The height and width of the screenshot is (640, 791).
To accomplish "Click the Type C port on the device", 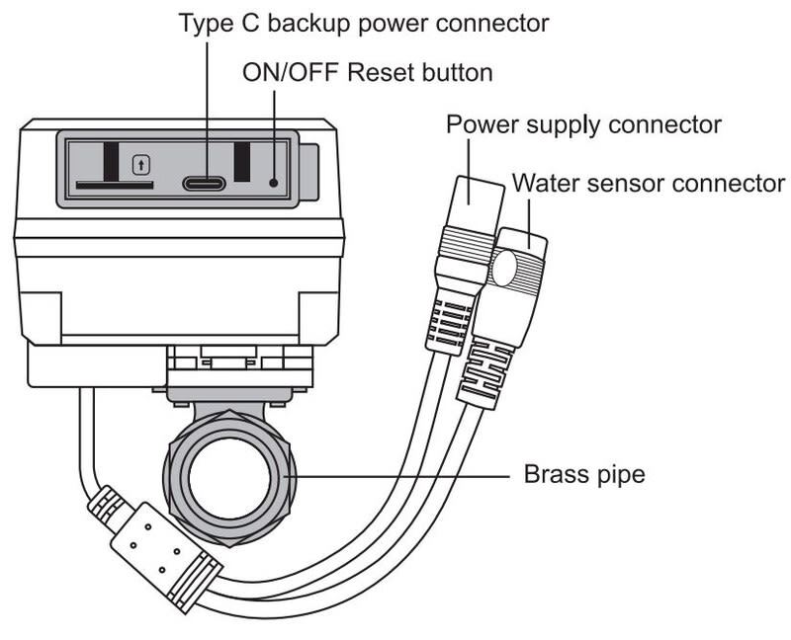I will click(x=204, y=183).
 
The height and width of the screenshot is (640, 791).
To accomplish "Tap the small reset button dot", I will click(x=273, y=183).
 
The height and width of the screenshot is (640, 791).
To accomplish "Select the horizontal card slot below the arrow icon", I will click(x=114, y=184).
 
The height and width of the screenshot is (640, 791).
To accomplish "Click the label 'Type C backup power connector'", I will click(x=364, y=23).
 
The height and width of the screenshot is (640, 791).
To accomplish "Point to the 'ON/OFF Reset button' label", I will click(x=367, y=74).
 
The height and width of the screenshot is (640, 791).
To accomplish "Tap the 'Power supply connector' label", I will click(x=583, y=126).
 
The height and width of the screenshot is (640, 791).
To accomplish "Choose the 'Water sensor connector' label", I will click(x=648, y=184).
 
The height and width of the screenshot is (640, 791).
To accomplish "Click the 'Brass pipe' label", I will click(x=583, y=475).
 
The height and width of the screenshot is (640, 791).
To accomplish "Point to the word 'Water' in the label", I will click(x=544, y=184).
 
